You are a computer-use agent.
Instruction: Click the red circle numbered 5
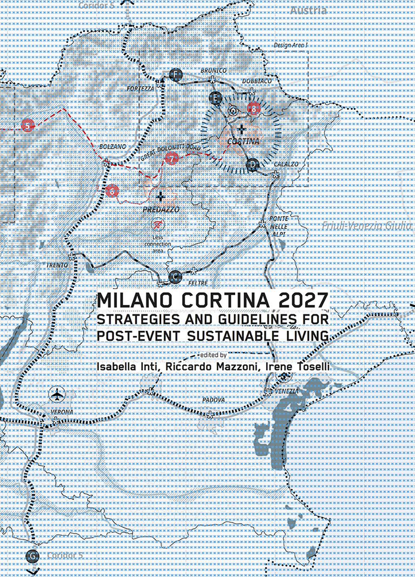coord(27,125)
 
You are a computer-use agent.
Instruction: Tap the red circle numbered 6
coord(112,191)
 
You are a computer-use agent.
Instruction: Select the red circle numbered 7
coord(171,158)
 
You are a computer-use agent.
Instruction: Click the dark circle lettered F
coord(177,75)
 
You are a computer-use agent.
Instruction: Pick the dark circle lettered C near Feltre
coord(176,276)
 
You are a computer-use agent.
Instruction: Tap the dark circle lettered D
coord(252,165)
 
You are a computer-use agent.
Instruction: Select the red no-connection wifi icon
coord(158,225)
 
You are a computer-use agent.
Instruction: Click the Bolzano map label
coord(112,147)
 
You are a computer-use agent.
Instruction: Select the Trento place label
coord(57,265)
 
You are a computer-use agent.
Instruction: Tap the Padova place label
coord(213,400)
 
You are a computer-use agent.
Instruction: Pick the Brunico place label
coord(213,71)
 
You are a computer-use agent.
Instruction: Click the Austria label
coord(308,11)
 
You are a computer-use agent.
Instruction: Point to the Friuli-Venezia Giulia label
coord(367,226)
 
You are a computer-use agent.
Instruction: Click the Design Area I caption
coord(290,45)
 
